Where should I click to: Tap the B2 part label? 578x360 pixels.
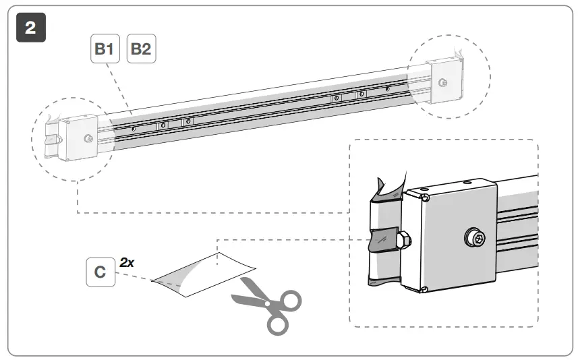pyautogui.click(x=142, y=49)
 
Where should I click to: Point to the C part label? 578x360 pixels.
pyautogui.click(x=100, y=272)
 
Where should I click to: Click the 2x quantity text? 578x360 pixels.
pyautogui.click(x=127, y=262)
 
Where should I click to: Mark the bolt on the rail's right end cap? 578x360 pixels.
pyautogui.click(x=442, y=82)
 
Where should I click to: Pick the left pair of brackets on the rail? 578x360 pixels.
pyautogui.click(x=175, y=123)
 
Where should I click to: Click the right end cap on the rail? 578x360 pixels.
pyautogui.click(x=445, y=81)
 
